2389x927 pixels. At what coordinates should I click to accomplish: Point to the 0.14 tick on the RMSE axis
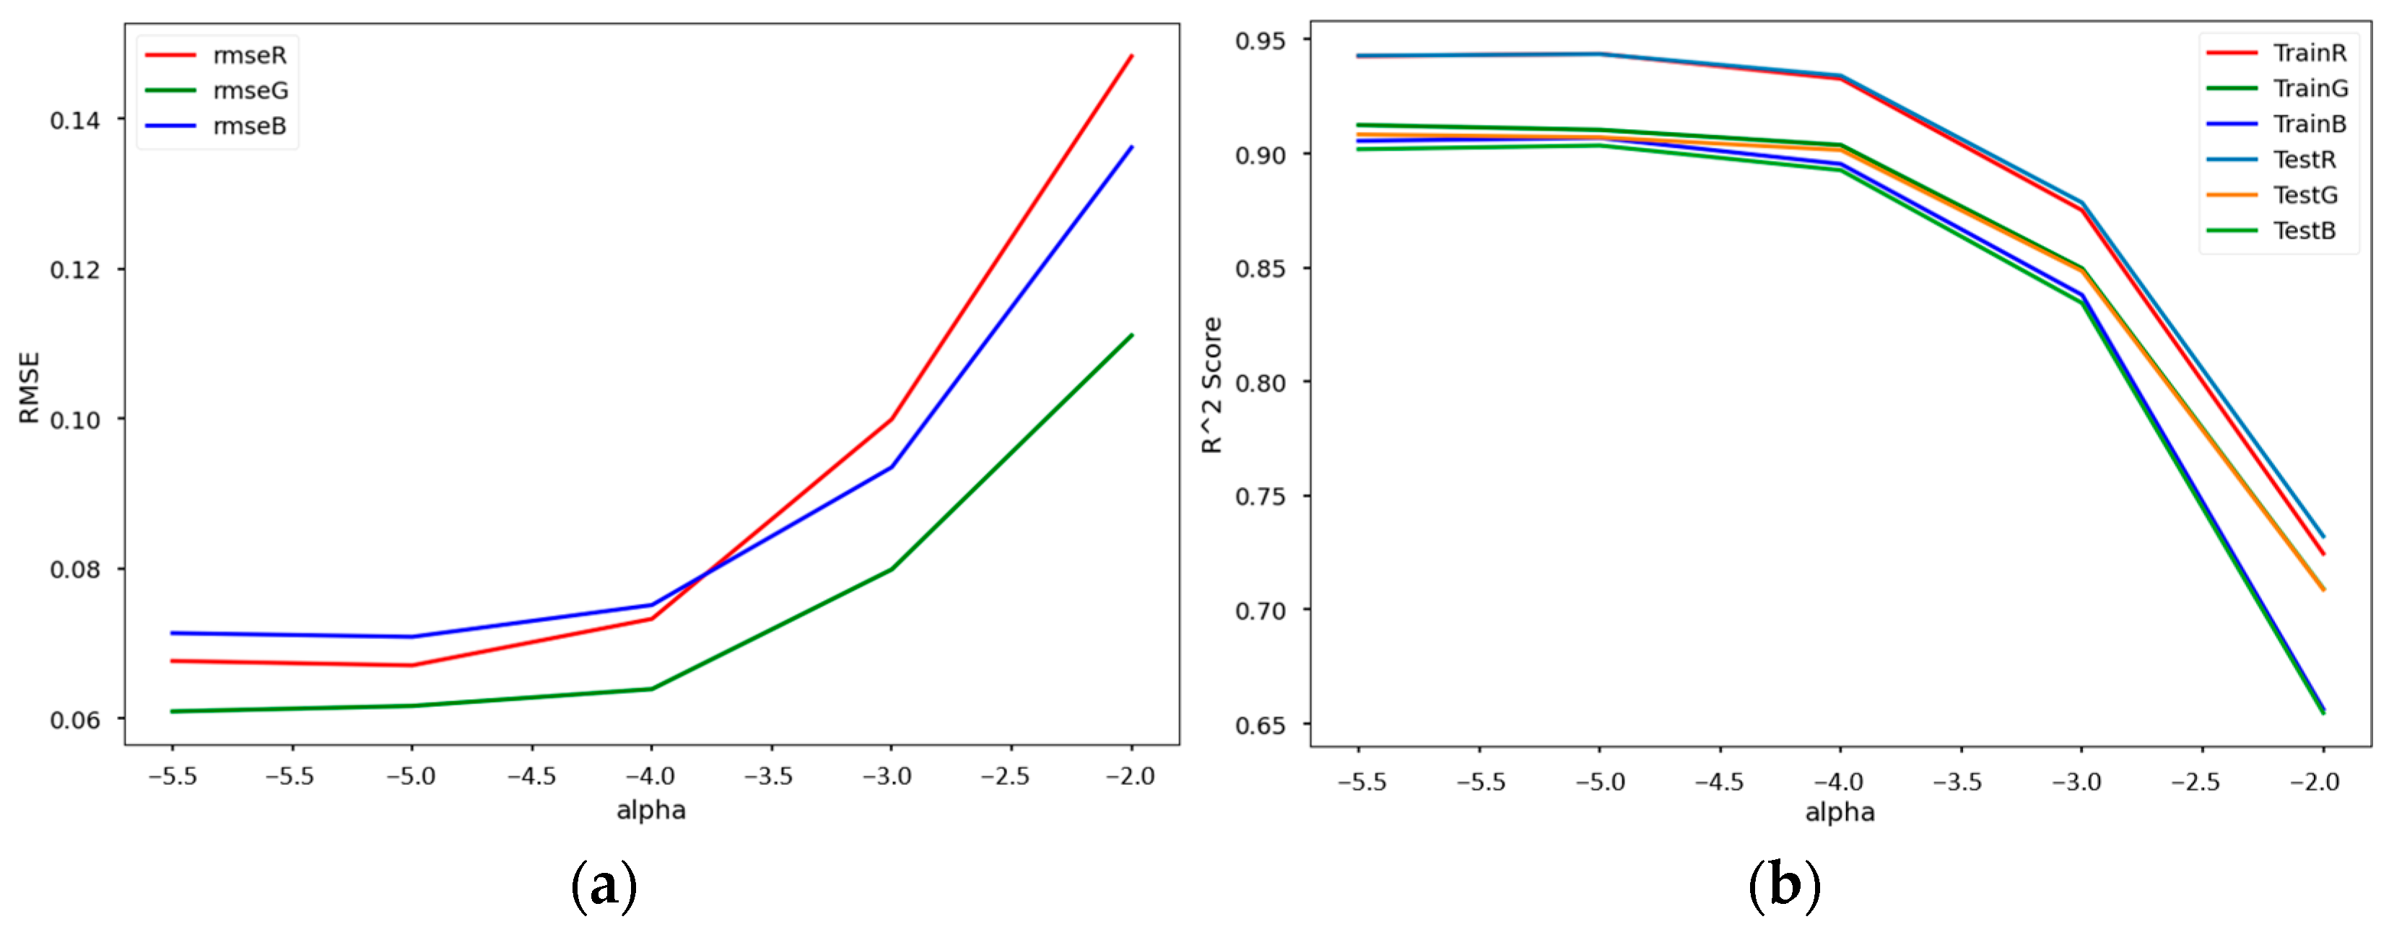[75, 120]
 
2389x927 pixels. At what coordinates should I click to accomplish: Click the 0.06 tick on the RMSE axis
[75, 720]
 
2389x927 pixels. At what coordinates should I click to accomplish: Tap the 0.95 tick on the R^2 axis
[1261, 41]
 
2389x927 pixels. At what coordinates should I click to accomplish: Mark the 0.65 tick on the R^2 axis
[1261, 725]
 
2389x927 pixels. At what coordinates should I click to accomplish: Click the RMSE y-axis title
[30, 387]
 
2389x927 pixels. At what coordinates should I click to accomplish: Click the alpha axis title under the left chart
[651, 810]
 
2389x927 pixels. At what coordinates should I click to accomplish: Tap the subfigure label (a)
[604, 885]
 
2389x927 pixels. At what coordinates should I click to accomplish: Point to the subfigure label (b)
[1784, 885]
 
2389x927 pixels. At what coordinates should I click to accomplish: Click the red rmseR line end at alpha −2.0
[1131, 56]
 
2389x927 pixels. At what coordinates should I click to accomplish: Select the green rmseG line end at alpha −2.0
[1131, 335]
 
